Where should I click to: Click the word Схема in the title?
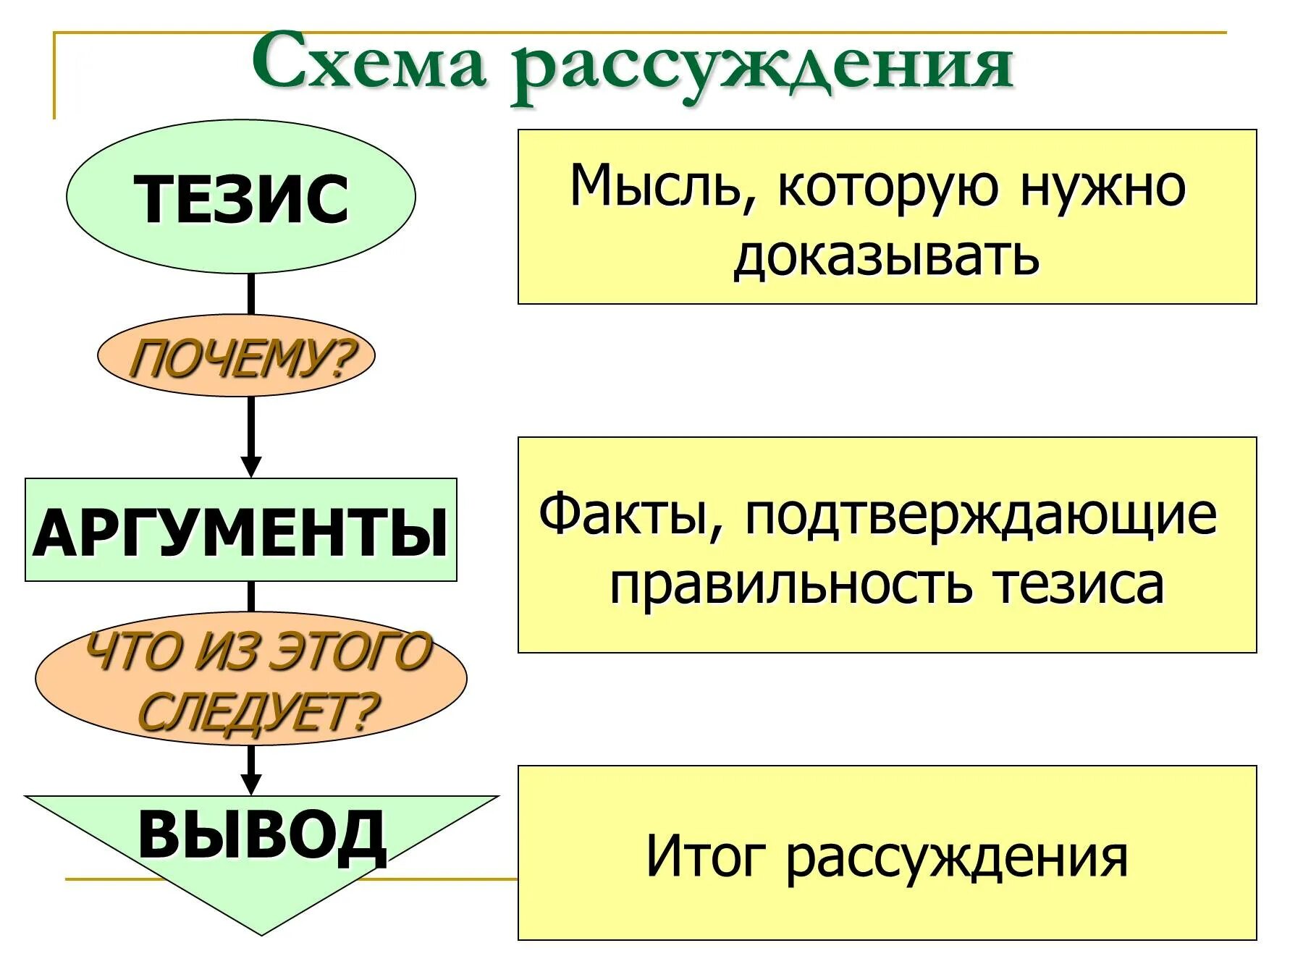pos(368,64)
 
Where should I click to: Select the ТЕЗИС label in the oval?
pos(241,198)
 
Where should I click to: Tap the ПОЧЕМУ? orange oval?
pos(237,356)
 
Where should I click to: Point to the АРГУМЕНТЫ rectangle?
pos(241,530)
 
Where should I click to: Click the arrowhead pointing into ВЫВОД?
pos(250,784)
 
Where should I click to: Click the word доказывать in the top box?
pos(886,256)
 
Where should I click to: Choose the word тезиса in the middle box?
pos(1079,585)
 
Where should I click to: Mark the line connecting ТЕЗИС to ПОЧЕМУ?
pos(251,294)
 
